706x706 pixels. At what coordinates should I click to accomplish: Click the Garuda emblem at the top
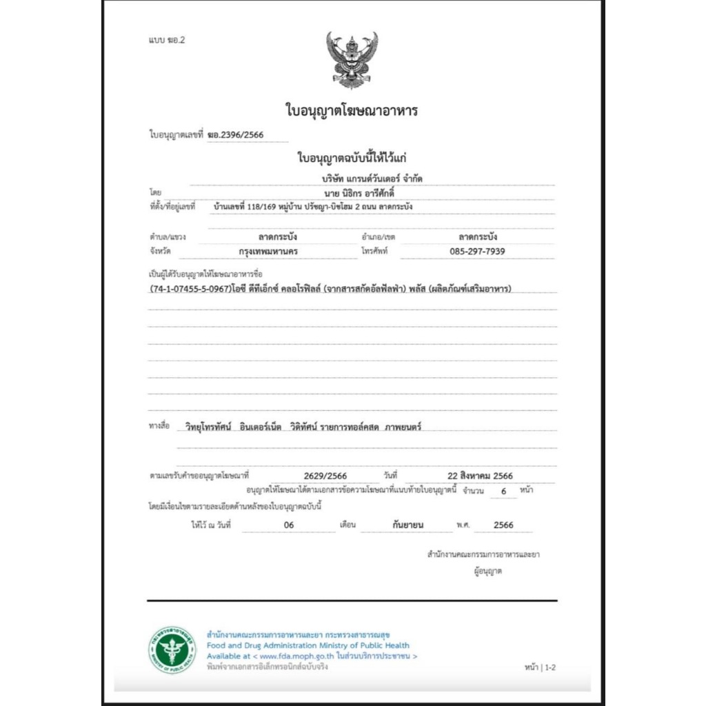click(352, 59)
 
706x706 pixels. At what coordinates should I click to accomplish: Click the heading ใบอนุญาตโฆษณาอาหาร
click(352, 110)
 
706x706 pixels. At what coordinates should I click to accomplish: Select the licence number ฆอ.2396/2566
click(235, 134)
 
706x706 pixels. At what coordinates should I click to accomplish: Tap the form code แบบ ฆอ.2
click(167, 39)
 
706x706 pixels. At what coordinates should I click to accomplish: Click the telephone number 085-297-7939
click(476, 251)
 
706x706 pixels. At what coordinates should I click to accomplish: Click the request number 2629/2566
click(325, 475)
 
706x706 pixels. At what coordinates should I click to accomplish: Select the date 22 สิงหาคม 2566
click(480, 475)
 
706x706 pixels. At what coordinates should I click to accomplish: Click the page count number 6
click(503, 492)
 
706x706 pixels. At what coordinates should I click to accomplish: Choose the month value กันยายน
click(407, 525)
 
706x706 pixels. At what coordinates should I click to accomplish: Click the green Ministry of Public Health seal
click(172, 649)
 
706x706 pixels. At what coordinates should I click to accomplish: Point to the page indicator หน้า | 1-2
click(539, 667)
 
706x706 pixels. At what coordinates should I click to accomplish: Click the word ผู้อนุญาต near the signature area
click(487, 571)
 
